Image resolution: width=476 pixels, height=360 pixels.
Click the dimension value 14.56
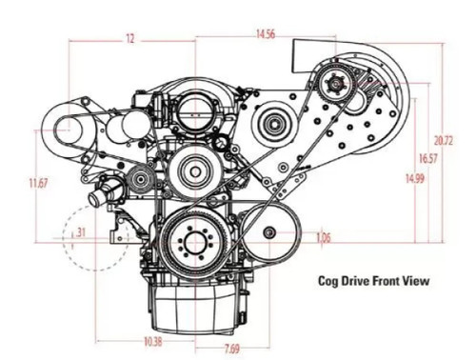265,35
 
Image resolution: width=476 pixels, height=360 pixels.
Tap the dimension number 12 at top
129,39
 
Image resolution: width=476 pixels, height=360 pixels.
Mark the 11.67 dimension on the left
37,181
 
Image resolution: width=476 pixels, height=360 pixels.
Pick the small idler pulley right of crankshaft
270,233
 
